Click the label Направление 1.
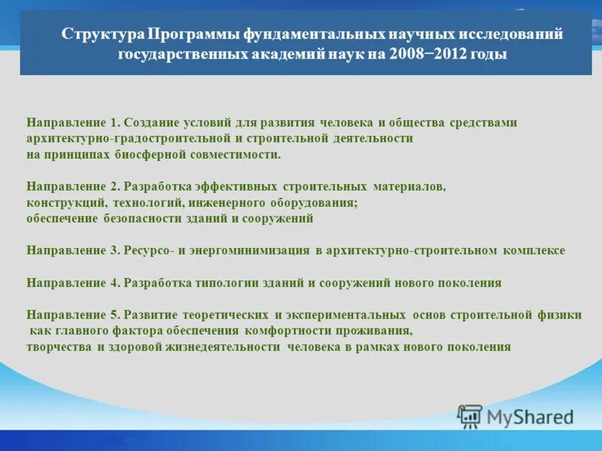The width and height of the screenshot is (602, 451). tap(74, 123)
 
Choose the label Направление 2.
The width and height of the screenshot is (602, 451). tap(74, 186)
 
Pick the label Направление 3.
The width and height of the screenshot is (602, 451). tap(74, 250)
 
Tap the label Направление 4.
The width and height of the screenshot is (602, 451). tap(74, 283)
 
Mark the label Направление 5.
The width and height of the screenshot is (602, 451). tap(74, 315)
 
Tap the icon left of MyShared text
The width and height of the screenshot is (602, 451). tap(470, 416)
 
